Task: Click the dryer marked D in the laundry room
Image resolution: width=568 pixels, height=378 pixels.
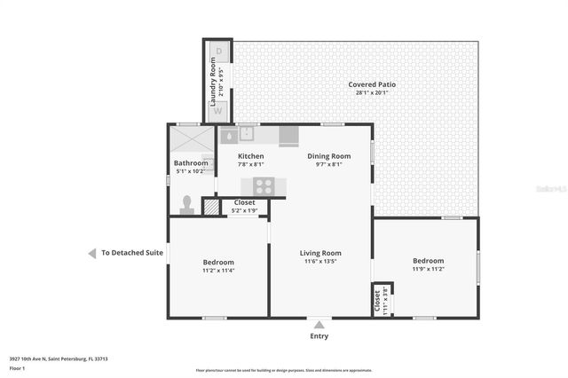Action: [x=217, y=51]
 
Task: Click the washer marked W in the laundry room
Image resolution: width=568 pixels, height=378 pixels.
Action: [x=217, y=113]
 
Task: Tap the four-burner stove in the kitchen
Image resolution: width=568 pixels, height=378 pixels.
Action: [x=264, y=185]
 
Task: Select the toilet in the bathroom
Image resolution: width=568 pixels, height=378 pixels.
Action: [x=187, y=204]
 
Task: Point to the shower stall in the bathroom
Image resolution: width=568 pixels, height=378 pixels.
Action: [x=192, y=139]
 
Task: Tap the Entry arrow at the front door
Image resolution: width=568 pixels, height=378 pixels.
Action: [x=318, y=324]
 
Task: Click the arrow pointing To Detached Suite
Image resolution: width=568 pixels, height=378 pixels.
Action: [x=91, y=253]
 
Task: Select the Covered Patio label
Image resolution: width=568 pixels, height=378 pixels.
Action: [x=372, y=84]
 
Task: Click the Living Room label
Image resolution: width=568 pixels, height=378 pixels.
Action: [x=320, y=253]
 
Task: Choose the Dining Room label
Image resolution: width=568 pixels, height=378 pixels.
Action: [x=329, y=156]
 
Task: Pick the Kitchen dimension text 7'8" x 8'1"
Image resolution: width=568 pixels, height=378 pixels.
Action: [x=250, y=164]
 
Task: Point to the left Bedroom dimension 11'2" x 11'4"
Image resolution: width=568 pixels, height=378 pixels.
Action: [x=218, y=271]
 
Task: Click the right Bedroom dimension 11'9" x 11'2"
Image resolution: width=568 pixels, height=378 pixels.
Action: [x=428, y=269]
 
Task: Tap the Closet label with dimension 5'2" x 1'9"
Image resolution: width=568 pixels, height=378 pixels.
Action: [x=244, y=210]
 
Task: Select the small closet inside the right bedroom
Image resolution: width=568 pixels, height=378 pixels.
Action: [x=377, y=301]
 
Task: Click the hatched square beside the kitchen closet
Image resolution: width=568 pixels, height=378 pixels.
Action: [x=210, y=207]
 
